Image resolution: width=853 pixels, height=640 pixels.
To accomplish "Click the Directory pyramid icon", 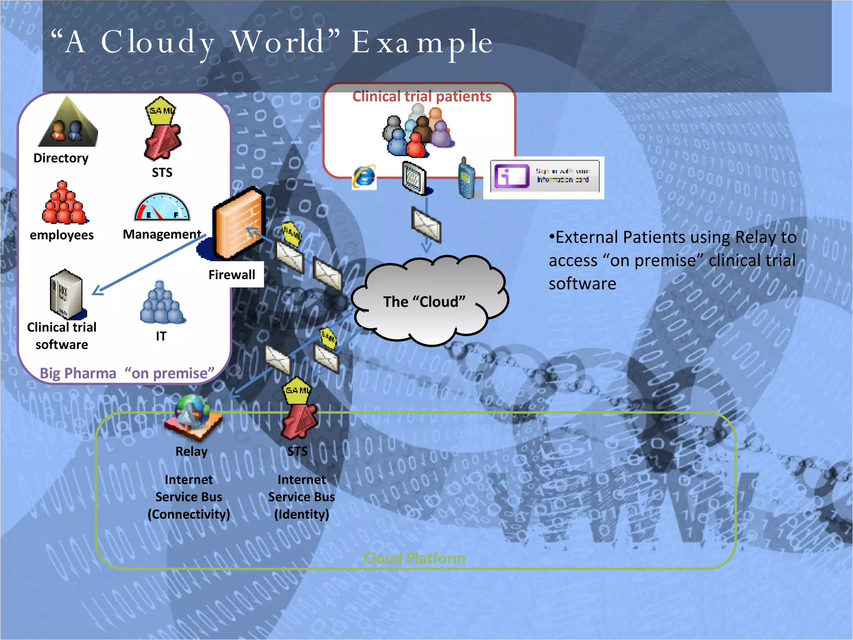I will [68, 123].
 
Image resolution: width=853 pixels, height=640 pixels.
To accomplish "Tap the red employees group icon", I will [64, 203].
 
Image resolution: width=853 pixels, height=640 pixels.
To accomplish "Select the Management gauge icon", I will [162, 207].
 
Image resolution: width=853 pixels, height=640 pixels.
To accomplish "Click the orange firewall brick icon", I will [239, 223].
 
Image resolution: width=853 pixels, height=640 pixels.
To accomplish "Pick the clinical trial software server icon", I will [66, 294].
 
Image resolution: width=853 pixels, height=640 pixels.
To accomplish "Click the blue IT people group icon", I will [162, 303].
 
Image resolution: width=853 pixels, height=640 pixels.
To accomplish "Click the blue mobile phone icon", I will [466, 178].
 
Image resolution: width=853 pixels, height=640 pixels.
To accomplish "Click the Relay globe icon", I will [193, 417].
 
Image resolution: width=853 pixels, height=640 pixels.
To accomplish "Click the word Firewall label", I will [232, 275].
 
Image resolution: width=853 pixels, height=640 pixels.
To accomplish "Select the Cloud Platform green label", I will [414, 558].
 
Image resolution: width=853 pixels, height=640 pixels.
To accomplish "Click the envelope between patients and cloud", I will [426, 225].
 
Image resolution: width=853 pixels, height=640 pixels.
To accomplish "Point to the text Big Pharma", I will [78, 373].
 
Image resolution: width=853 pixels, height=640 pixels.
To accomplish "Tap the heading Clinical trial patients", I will [422, 96].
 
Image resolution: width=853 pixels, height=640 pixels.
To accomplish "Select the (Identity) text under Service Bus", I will [302, 514].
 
